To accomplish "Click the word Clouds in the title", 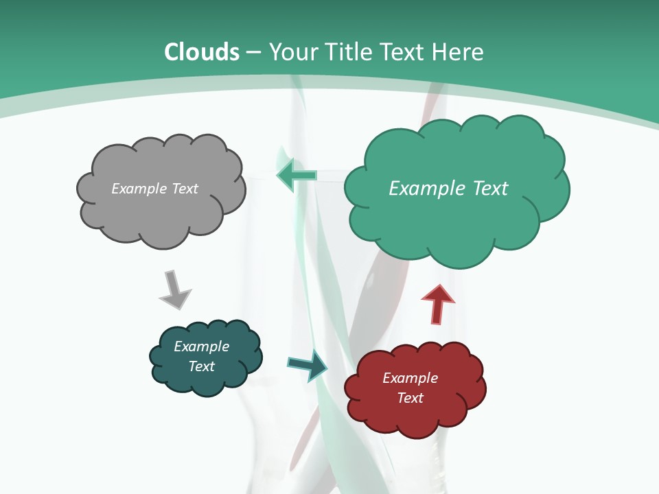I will (202, 52).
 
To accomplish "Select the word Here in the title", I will (459, 52).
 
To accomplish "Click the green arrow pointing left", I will (297, 176).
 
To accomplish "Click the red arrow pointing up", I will (437, 304).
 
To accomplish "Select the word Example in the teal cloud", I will (201, 346).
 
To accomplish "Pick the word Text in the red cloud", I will (410, 398).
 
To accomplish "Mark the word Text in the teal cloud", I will (201, 366).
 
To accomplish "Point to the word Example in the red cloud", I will (410, 378).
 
